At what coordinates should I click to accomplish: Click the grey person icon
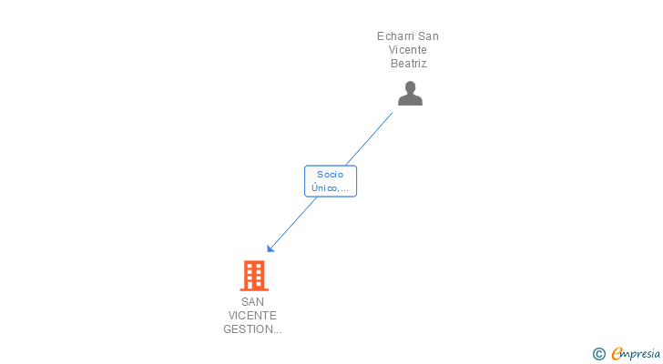coord(410,93)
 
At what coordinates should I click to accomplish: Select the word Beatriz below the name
coord(408,64)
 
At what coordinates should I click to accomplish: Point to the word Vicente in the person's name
coord(408,50)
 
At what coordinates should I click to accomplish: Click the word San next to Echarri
coord(428,36)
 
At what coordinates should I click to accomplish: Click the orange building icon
coord(253,275)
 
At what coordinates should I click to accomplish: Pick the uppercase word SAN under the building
coord(252,301)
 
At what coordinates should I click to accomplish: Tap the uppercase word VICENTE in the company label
coord(252,315)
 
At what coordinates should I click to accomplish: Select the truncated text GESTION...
coord(252,329)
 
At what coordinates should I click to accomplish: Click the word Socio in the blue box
coord(330,174)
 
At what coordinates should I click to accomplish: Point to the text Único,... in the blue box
coord(330,187)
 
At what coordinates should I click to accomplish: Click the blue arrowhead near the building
coord(270,248)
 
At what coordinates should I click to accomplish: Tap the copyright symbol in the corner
coord(598,354)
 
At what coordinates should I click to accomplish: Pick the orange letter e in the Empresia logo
coord(617,353)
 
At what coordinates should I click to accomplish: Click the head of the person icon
coord(410,86)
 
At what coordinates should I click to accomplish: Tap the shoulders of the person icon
coord(410,100)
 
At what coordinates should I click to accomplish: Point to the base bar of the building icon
coord(253,288)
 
